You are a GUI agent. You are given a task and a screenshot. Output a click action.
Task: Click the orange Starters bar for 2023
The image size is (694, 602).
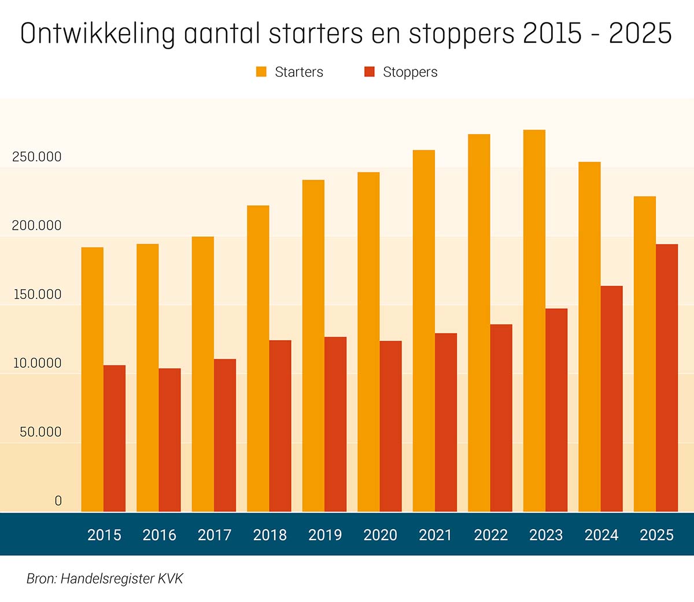[534, 321]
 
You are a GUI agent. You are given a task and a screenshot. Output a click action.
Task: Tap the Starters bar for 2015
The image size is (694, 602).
[93, 379]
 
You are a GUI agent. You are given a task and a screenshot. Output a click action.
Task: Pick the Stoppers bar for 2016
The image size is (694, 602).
[169, 440]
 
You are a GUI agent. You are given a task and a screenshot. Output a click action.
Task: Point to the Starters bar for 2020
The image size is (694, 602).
[368, 342]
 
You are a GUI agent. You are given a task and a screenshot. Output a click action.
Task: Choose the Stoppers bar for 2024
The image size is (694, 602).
[611, 398]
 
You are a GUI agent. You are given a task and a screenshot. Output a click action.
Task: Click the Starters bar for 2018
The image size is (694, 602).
[258, 359]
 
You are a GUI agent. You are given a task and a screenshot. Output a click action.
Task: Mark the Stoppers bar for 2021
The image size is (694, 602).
[446, 422]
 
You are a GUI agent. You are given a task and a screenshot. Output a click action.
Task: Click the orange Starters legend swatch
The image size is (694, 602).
[261, 72]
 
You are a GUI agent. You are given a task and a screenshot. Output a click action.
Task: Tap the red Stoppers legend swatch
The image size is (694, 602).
[370, 72]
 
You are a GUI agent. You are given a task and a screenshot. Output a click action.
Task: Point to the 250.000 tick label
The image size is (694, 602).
[36, 157]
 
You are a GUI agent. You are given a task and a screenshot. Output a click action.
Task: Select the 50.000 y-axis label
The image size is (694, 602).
[40, 432]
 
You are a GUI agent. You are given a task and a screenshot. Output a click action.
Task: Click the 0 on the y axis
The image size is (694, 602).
[58, 501]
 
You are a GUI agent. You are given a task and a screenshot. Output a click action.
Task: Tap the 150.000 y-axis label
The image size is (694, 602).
[36, 294]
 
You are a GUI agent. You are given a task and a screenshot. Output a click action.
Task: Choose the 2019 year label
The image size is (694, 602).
[325, 535]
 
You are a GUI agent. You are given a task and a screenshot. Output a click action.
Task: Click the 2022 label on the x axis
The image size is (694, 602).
[490, 535]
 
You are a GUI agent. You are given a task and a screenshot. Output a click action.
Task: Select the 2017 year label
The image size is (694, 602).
[215, 535]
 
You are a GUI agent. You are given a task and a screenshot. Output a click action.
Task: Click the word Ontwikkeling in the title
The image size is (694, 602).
[97, 34]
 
